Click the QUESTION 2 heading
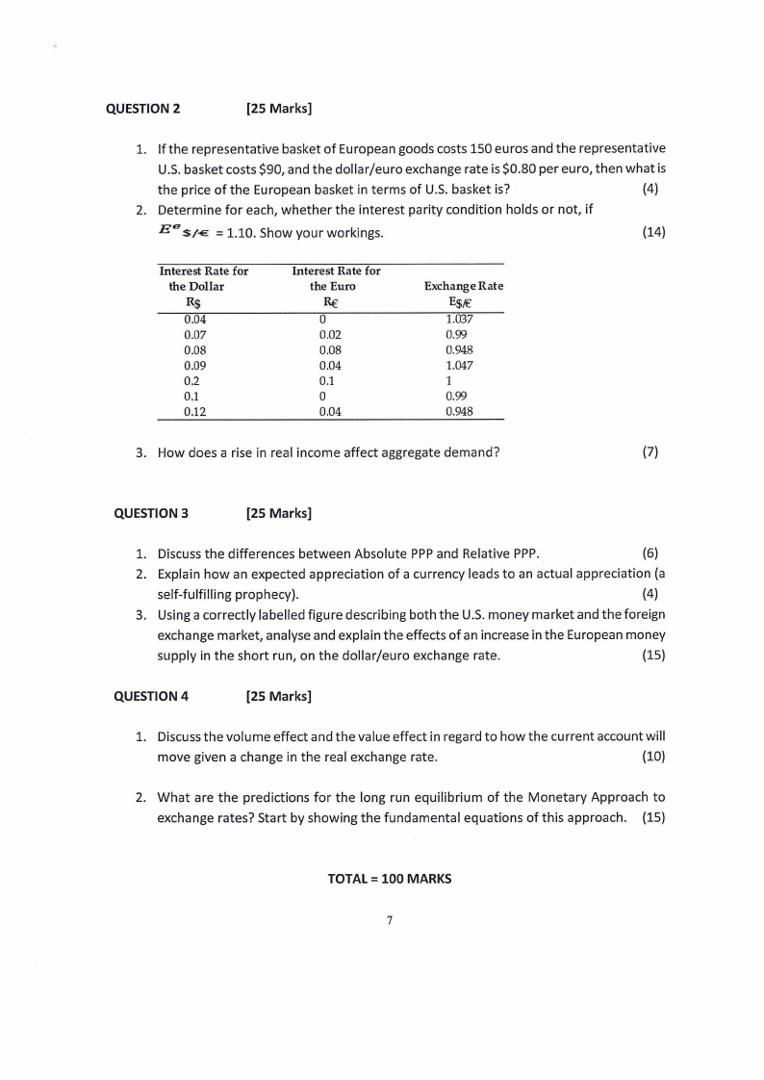[x=142, y=108]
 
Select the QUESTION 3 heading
[x=151, y=512]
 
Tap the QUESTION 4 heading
[x=151, y=695]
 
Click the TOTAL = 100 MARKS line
[x=389, y=879]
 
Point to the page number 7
[x=389, y=920]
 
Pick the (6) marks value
[x=649, y=553]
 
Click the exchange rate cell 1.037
[x=460, y=320]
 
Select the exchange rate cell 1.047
[x=460, y=366]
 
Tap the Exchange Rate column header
[x=463, y=287]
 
